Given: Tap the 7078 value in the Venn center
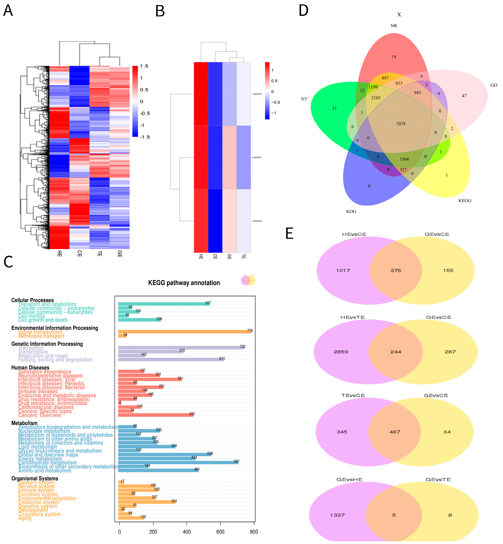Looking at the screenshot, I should tap(401, 124).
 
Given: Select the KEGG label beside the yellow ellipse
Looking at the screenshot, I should tap(465, 200).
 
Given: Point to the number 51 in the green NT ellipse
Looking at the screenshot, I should tap(334, 108).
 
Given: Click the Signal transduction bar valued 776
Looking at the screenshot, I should tap(184, 331).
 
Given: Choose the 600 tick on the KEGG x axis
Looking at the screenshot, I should tap(220, 532).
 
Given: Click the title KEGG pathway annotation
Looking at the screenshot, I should tap(184, 283).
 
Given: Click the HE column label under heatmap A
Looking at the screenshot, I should tap(59, 254).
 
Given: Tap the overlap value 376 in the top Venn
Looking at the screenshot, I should tap(395, 271).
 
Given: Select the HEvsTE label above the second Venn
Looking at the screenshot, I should tap(353, 317).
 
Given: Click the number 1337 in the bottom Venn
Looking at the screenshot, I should tap(337, 515).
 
